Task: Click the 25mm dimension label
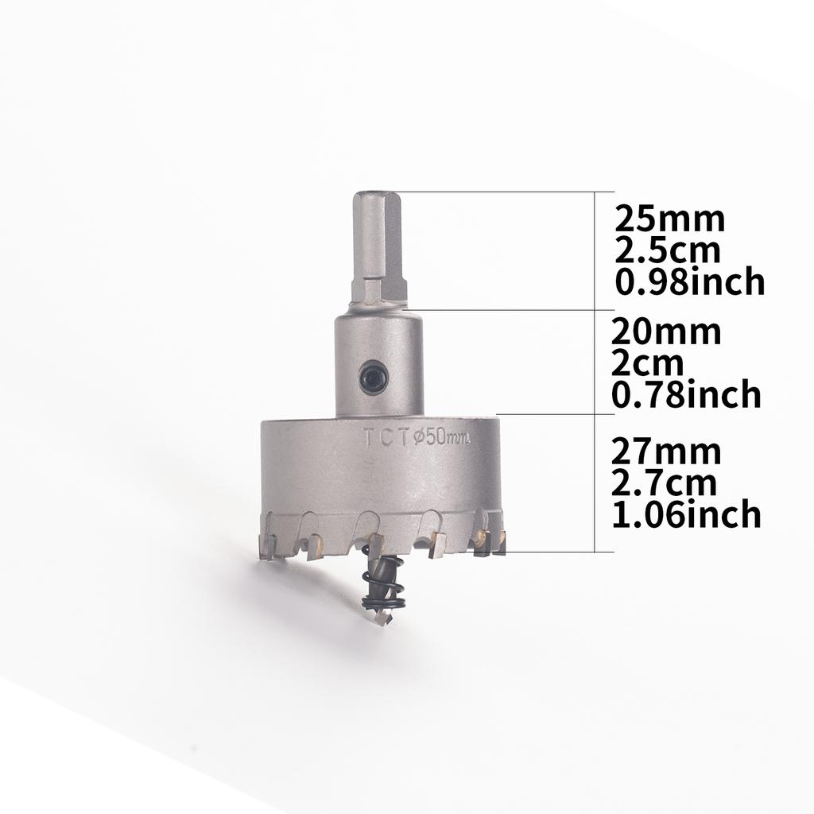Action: pyautogui.click(x=669, y=219)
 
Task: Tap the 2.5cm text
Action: pyautogui.click(x=668, y=250)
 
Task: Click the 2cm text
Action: pyautogui.click(x=647, y=363)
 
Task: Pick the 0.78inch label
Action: pyautogui.click(x=686, y=394)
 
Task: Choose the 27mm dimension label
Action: pyautogui.click(x=666, y=452)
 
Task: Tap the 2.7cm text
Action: pyautogui.click(x=664, y=483)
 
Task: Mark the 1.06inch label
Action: pyautogui.click(x=686, y=514)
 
